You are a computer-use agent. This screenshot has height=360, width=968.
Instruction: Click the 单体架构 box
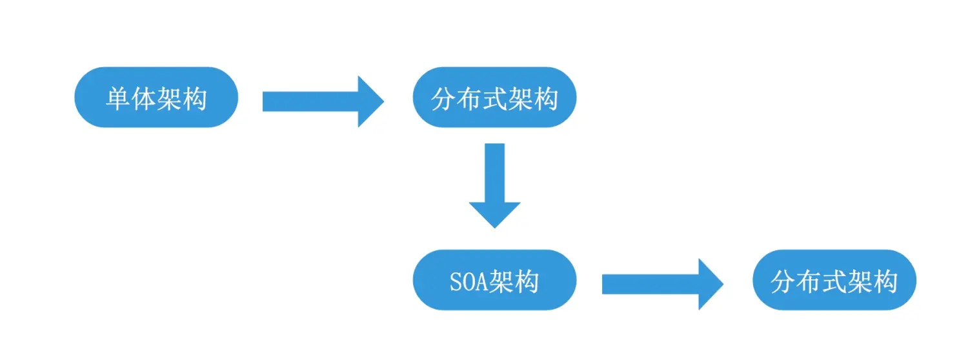pyautogui.click(x=156, y=97)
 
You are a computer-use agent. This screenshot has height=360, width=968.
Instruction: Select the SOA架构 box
pyautogui.click(x=494, y=280)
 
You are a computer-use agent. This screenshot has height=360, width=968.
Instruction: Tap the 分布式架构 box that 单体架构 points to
pyautogui.click(x=494, y=97)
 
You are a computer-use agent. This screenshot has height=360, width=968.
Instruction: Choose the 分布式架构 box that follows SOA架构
pyautogui.click(x=834, y=280)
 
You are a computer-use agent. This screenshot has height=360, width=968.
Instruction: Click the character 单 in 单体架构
pyautogui.click(x=119, y=99)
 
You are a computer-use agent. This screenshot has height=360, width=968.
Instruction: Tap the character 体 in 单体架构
pyautogui.click(x=144, y=99)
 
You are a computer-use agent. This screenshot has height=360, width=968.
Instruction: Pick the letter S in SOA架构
pyautogui.click(x=454, y=281)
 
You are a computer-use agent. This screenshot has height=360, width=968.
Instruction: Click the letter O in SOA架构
pyautogui.click(x=467, y=281)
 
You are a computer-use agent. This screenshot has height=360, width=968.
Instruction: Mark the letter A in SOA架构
pyautogui.click(x=481, y=281)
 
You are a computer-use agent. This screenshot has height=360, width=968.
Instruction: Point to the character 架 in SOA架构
pyautogui.click(x=501, y=281)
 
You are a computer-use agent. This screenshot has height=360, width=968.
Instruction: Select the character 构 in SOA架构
pyautogui.click(x=527, y=281)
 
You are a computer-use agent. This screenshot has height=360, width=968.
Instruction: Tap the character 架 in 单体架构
pyautogui.click(x=169, y=99)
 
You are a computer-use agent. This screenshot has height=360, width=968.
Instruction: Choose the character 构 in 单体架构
pyautogui.click(x=194, y=99)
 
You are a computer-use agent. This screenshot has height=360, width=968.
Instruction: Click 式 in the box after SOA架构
pyautogui.click(x=834, y=281)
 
